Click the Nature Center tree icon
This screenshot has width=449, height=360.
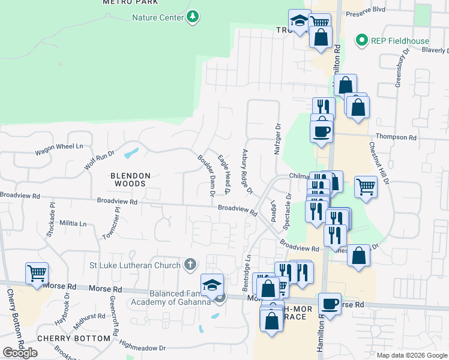193,17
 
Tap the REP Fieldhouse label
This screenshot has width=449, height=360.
400,41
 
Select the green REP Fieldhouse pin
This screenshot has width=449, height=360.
361,41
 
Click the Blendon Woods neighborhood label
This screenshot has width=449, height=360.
130,179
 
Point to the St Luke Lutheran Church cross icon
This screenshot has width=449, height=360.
190,265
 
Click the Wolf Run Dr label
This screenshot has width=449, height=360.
99,160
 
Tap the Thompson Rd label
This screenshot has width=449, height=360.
396,137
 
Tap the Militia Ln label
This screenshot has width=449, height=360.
73,223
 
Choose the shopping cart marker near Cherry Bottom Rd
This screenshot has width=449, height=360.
37,272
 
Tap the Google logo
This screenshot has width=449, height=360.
20,353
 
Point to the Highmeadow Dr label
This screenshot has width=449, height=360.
142,347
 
